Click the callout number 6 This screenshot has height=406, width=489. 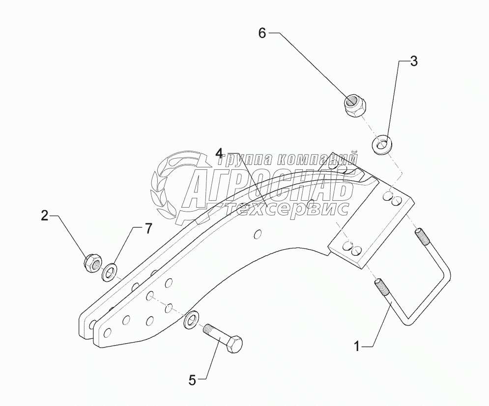(x=262, y=33)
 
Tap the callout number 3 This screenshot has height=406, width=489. (x=414, y=61)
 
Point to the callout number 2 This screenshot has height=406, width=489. (x=45, y=215)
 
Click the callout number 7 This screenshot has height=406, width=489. (x=147, y=228)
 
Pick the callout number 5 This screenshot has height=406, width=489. (x=193, y=379)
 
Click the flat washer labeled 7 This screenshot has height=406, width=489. (x=109, y=272)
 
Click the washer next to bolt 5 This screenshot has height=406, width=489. (x=190, y=319)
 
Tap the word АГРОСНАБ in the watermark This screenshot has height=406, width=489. (x=270, y=187)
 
